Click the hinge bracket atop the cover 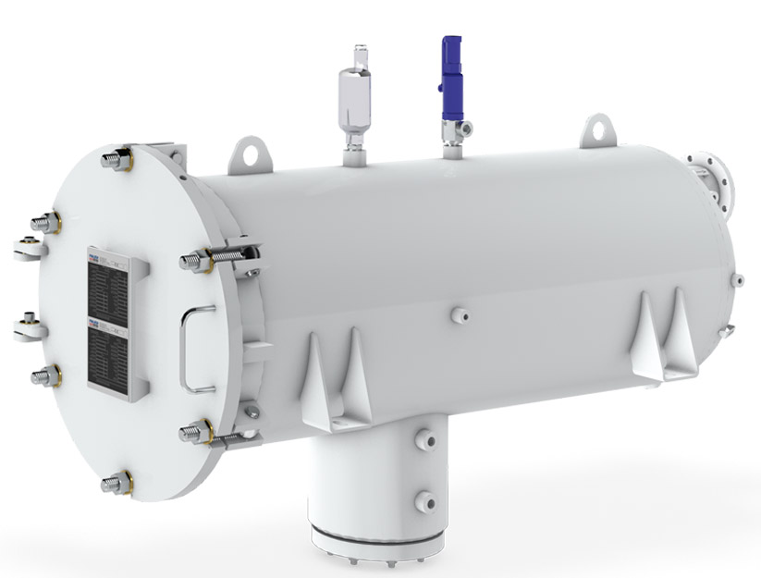166,151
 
